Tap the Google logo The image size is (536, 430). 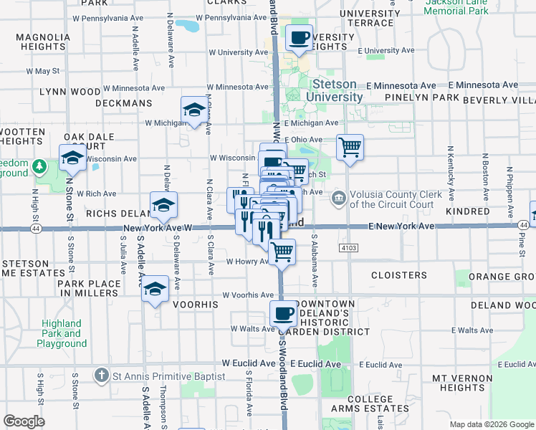tap(24, 421)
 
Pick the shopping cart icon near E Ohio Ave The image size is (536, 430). tap(350, 148)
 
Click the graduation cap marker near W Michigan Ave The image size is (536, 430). tap(193, 110)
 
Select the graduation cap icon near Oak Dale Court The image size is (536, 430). tap(72, 158)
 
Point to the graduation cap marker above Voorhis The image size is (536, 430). tap(154, 289)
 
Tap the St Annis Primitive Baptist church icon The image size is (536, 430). tap(102, 376)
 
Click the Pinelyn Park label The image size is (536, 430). tap(421, 97)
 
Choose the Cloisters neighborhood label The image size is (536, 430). tap(399, 274)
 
